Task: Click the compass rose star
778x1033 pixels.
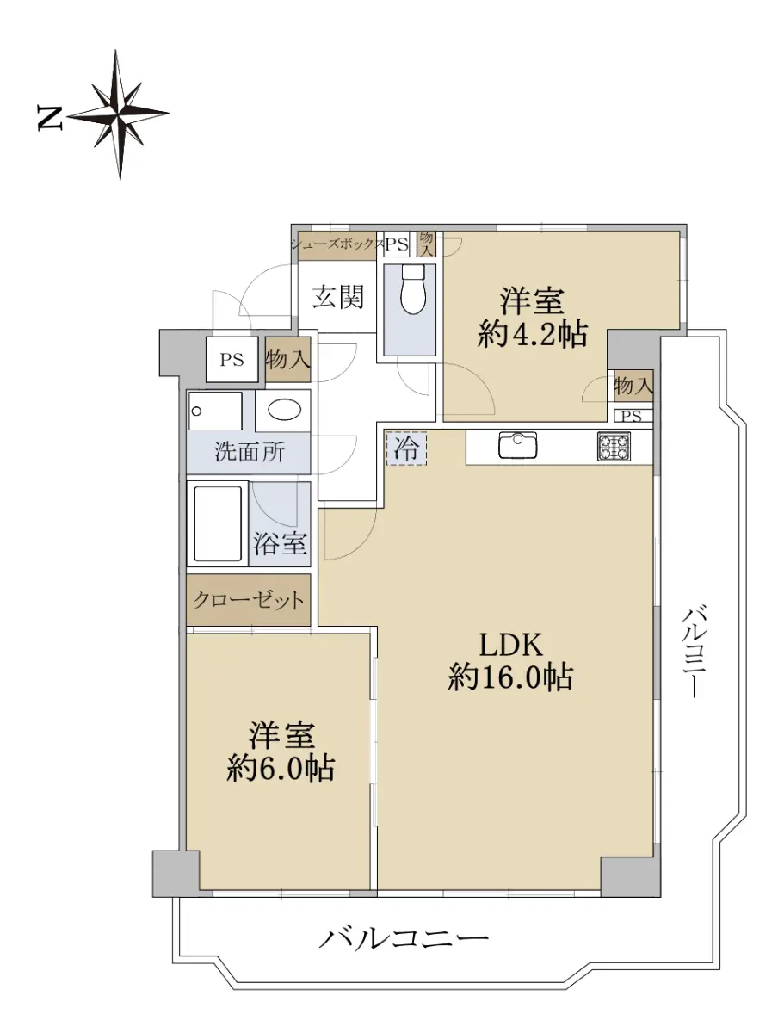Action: (119, 114)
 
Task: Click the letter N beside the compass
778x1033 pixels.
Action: (49, 118)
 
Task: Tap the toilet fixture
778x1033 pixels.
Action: (412, 288)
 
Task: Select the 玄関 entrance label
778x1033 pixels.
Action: (338, 297)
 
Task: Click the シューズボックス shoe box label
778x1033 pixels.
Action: (337, 244)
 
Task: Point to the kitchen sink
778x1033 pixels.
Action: (518, 444)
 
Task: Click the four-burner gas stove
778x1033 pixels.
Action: (614, 445)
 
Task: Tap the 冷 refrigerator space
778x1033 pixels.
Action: (406, 448)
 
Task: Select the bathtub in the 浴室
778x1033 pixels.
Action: (218, 523)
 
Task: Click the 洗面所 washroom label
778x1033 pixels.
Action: (250, 452)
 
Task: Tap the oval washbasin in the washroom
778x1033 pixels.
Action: (284, 410)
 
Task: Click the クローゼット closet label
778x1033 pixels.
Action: (249, 600)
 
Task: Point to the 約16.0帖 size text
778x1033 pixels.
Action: (510, 677)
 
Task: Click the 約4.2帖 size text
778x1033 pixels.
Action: (533, 334)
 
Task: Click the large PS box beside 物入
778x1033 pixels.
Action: (232, 360)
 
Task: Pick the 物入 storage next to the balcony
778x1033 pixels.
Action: (633, 386)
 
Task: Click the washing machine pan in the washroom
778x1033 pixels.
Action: (215, 411)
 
